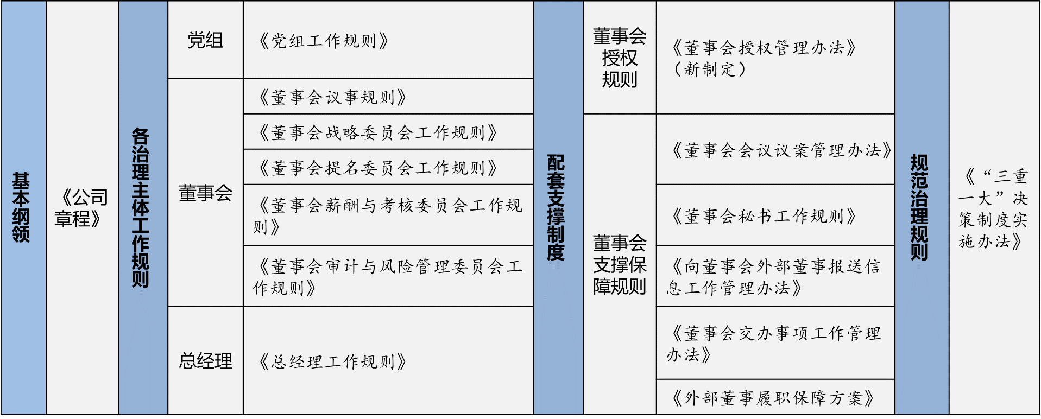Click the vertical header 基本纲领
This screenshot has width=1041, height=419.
pos(21,207)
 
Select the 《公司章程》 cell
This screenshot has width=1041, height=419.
pos(81,208)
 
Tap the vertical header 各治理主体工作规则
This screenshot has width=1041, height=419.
pos(140,207)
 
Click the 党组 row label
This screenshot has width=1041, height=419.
pos(205,40)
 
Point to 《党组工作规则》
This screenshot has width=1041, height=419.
pos(323,41)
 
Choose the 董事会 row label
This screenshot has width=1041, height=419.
pos(205,193)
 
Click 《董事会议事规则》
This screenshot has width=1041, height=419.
pos(331,97)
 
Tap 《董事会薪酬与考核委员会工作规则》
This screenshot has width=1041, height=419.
pos(387,215)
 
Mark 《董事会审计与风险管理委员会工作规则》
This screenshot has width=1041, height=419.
pos(387,277)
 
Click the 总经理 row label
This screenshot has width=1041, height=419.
pos(205,361)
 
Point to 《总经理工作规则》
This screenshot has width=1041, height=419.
pos(331,361)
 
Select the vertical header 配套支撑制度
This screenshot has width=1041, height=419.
pos(556,207)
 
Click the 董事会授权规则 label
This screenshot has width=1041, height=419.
pos(620,58)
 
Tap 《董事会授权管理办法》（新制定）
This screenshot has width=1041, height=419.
pos(762,58)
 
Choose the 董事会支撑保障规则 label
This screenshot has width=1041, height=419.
pos(620,264)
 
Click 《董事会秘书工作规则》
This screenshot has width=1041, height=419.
pos(763,216)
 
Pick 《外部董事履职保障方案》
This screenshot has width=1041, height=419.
pos(772,398)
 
